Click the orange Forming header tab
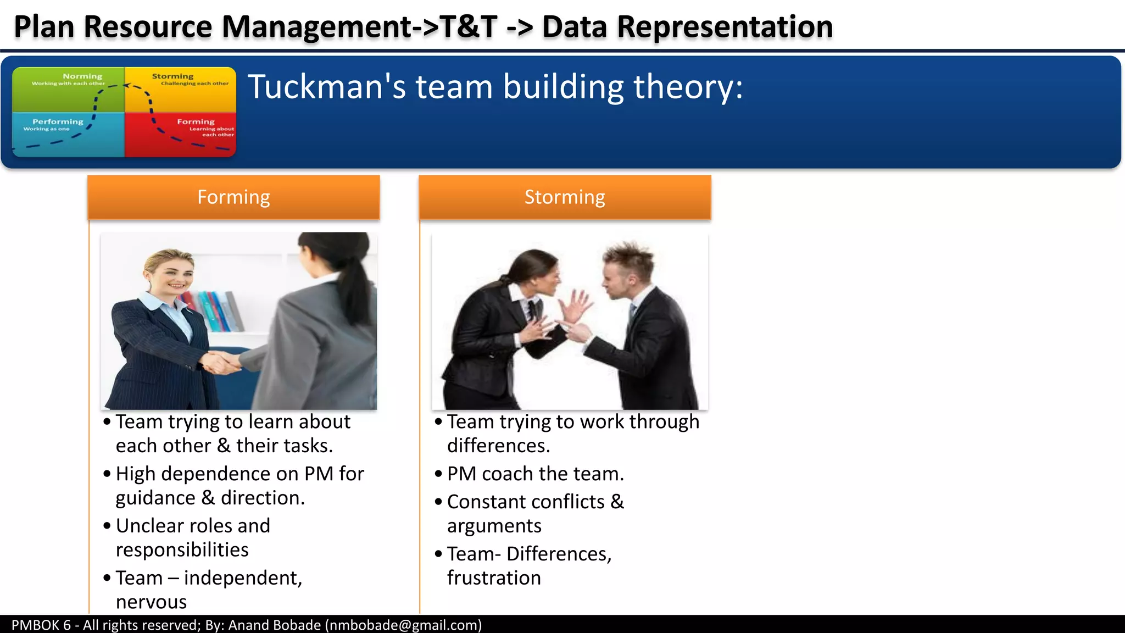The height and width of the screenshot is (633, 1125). tap(233, 197)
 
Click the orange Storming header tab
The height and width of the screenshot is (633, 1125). tap(565, 197)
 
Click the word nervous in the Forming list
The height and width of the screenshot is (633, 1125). tap(151, 602)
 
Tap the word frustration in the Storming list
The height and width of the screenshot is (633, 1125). tap(494, 578)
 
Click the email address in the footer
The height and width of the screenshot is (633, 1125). tap(403, 625)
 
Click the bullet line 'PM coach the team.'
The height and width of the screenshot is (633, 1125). tap(535, 474)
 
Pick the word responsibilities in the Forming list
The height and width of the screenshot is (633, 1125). tap(182, 550)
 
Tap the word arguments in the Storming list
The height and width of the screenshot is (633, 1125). tap(494, 526)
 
